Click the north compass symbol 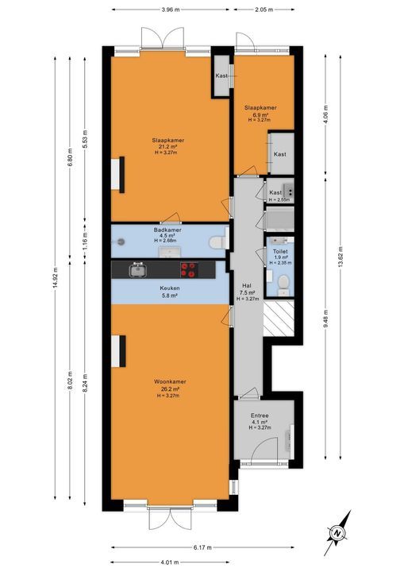[x=337, y=533]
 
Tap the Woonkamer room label [x=170, y=381]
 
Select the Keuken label [x=170, y=288]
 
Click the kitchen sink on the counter [x=138, y=269]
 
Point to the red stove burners [x=189, y=269]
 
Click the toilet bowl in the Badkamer [x=217, y=242]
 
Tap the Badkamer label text [x=167, y=230]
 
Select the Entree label [x=260, y=415]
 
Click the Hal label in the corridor [x=247, y=286]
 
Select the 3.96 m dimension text [x=171, y=10]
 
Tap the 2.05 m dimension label [x=264, y=10]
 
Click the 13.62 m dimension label [x=341, y=257]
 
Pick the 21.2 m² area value [x=167, y=147]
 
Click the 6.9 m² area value [x=260, y=114]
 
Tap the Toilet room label [x=280, y=251]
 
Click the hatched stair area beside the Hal [x=279, y=318]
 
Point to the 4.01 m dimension [x=170, y=562]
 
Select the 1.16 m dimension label [x=85, y=241]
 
